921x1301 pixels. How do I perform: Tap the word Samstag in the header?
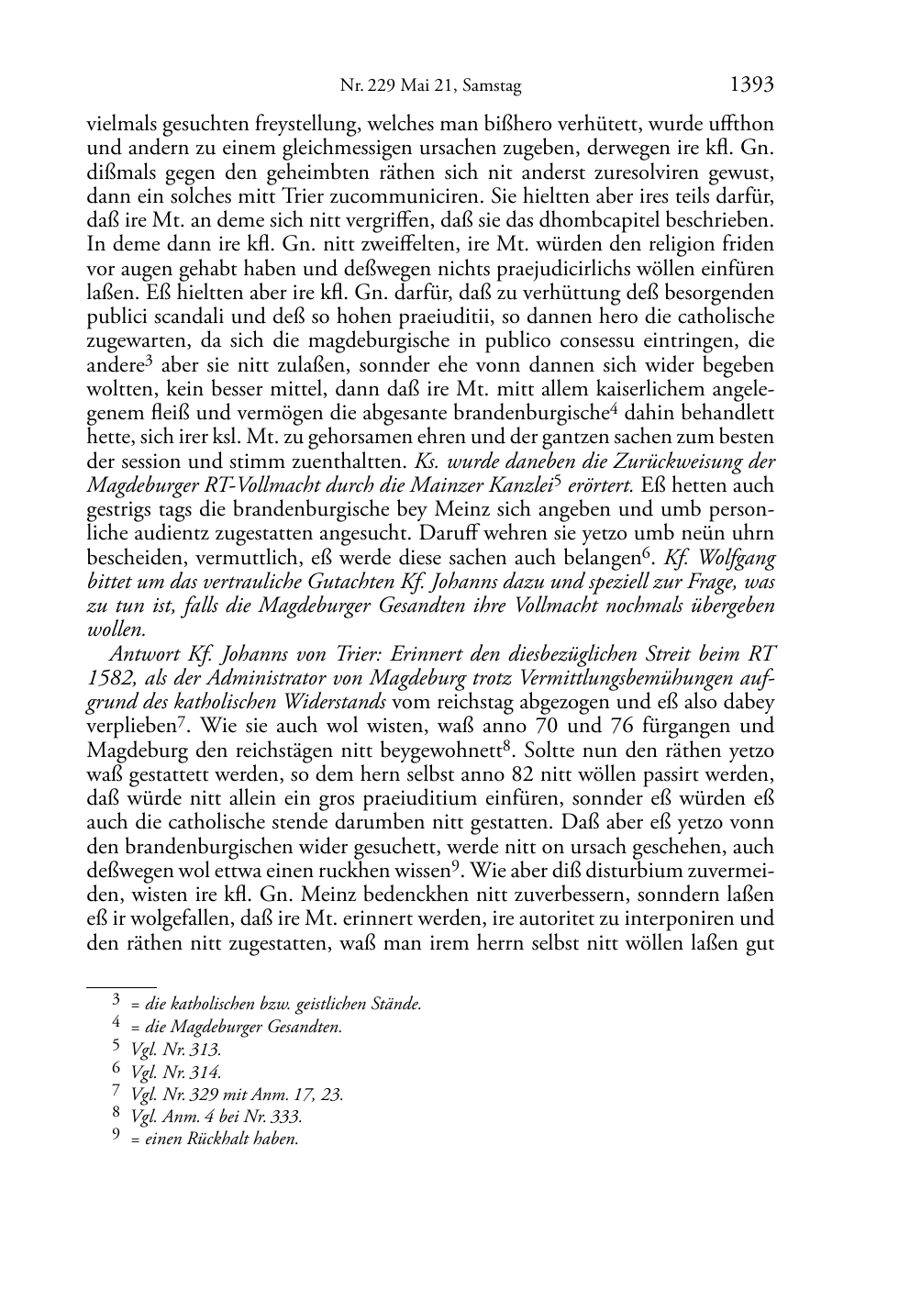point(491,87)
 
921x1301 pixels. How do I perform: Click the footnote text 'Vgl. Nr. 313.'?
point(176,1050)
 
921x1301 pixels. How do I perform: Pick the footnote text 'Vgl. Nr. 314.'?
point(176,1072)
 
